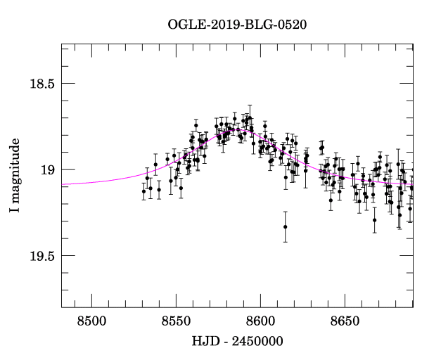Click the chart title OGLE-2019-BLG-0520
coord(237,25)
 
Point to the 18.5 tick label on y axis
coord(41,84)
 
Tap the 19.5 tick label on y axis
coord(41,255)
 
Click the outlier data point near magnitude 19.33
coord(285,226)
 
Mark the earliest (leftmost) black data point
coord(143,191)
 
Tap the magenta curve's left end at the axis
coord(63,184)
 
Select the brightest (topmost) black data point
coord(249,117)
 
